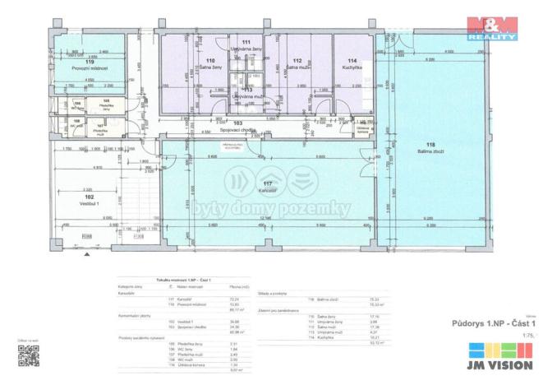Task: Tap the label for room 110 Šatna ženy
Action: pos(211,64)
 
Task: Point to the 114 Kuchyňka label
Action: pos(352,64)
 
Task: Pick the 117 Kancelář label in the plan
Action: pos(267,186)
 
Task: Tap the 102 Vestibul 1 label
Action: pos(89,199)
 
